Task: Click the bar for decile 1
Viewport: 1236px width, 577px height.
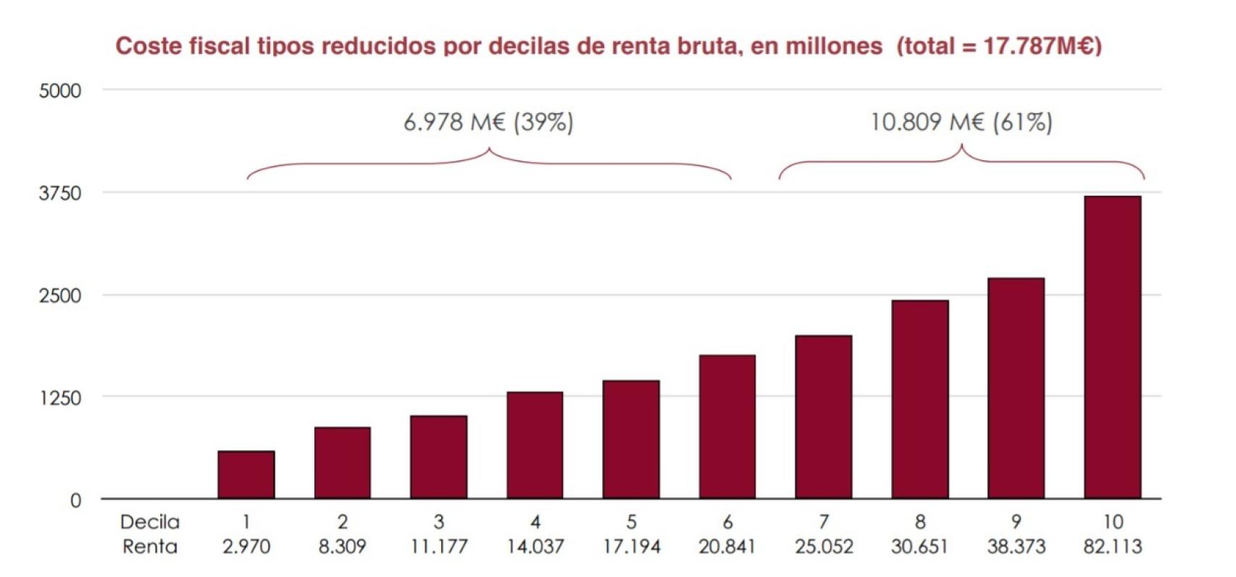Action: click(246, 474)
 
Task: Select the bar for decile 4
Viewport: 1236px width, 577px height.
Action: click(535, 445)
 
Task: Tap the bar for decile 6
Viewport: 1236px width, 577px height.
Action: click(727, 427)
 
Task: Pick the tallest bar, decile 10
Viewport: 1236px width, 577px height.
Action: click(1112, 347)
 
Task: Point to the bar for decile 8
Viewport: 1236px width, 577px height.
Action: click(920, 399)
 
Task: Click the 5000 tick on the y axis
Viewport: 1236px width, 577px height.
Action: click(59, 91)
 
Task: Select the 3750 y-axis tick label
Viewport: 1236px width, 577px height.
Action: click(59, 194)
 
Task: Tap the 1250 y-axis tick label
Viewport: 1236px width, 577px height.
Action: click(59, 397)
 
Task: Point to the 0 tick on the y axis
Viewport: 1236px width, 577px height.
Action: click(75, 500)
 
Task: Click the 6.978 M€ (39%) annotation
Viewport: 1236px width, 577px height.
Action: click(488, 122)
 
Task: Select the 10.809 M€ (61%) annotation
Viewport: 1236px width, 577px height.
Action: click(961, 122)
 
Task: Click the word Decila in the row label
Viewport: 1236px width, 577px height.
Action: click(149, 522)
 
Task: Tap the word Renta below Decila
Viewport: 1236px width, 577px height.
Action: click(149, 547)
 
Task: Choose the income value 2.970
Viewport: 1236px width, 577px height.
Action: click(246, 547)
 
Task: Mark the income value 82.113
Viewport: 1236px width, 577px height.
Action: click(1112, 547)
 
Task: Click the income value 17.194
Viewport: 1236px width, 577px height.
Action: click(631, 547)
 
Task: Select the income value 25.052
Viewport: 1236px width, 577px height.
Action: click(824, 547)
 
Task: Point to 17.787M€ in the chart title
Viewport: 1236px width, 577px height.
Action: click(1037, 46)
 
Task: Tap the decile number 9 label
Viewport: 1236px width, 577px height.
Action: click(1016, 522)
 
